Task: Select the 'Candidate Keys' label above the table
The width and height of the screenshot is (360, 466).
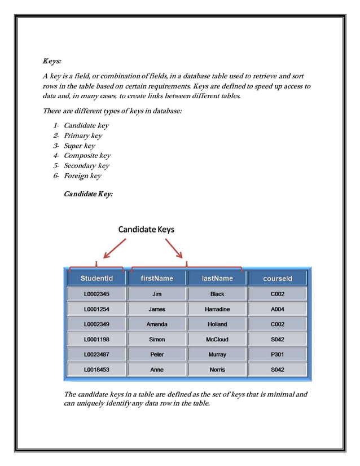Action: tap(146, 230)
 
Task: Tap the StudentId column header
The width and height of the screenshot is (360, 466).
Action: tap(96, 278)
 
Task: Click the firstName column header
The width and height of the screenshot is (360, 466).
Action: tap(157, 278)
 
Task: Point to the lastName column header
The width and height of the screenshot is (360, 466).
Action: tap(217, 278)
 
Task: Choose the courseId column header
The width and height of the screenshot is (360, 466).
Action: tap(277, 278)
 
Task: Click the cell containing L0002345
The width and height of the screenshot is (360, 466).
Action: tap(96, 294)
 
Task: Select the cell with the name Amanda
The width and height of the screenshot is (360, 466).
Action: tap(157, 324)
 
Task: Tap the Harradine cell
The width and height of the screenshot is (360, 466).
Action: tap(217, 309)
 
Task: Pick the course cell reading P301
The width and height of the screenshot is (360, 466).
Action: tap(277, 354)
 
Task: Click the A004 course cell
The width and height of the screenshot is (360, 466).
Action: tap(277, 309)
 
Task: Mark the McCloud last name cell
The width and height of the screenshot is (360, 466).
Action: tap(217, 340)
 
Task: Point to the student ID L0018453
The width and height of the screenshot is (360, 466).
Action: tap(96, 370)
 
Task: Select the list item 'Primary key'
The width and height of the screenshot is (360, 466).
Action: tap(82, 136)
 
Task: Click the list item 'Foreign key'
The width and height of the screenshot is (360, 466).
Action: tap(82, 176)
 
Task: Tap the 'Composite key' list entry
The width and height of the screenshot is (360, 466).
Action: tap(87, 156)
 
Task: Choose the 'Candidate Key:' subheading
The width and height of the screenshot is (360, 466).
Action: tap(88, 194)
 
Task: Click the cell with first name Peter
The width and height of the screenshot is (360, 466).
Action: tap(157, 354)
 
